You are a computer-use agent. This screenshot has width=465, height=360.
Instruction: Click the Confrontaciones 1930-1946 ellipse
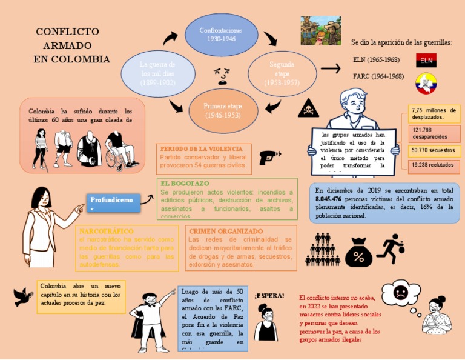221,34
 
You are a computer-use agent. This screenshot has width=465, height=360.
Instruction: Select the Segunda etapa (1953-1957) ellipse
282,73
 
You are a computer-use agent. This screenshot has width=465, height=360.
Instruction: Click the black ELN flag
426,61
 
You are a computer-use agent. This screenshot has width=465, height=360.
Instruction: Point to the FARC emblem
426,83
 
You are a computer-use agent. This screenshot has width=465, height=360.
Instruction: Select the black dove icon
23,296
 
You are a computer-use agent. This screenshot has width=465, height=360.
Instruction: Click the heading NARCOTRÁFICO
106,231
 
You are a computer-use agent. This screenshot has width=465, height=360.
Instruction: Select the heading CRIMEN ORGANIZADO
225,231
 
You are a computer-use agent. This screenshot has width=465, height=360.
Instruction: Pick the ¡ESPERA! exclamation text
269,295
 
